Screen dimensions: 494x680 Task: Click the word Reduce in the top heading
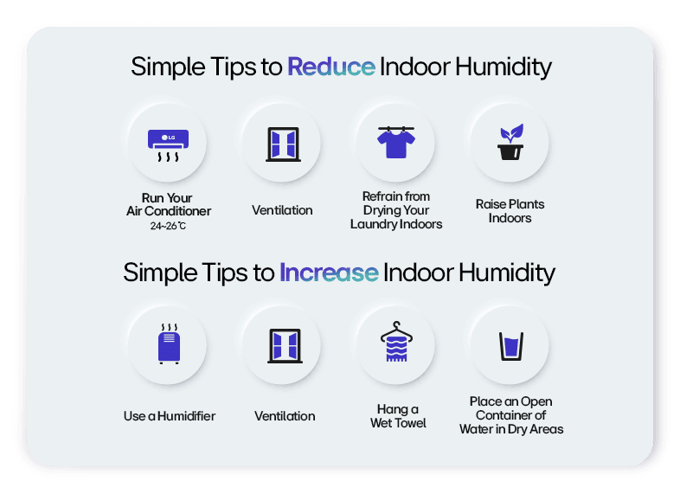click(x=330, y=67)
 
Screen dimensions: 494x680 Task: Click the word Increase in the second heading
click(x=329, y=273)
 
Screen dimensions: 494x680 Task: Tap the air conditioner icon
click(x=168, y=144)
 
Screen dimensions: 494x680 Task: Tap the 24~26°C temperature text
click(x=168, y=227)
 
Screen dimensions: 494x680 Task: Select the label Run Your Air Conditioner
click(x=168, y=204)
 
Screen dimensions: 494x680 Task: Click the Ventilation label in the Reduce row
click(x=282, y=210)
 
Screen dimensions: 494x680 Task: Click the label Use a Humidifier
click(x=170, y=416)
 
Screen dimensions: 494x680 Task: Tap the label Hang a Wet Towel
click(x=398, y=416)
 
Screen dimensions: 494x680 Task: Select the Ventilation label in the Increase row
click(x=285, y=416)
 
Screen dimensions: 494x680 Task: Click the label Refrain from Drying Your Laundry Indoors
click(x=396, y=210)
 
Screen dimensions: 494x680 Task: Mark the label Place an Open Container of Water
click(x=511, y=415)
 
